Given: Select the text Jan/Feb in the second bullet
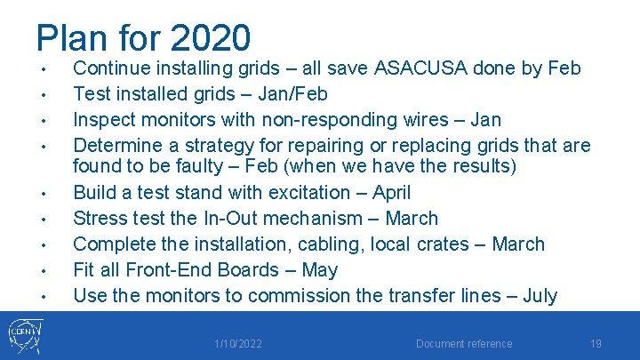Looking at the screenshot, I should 294,94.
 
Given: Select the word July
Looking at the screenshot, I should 540,296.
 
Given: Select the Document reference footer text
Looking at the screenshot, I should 465,344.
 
